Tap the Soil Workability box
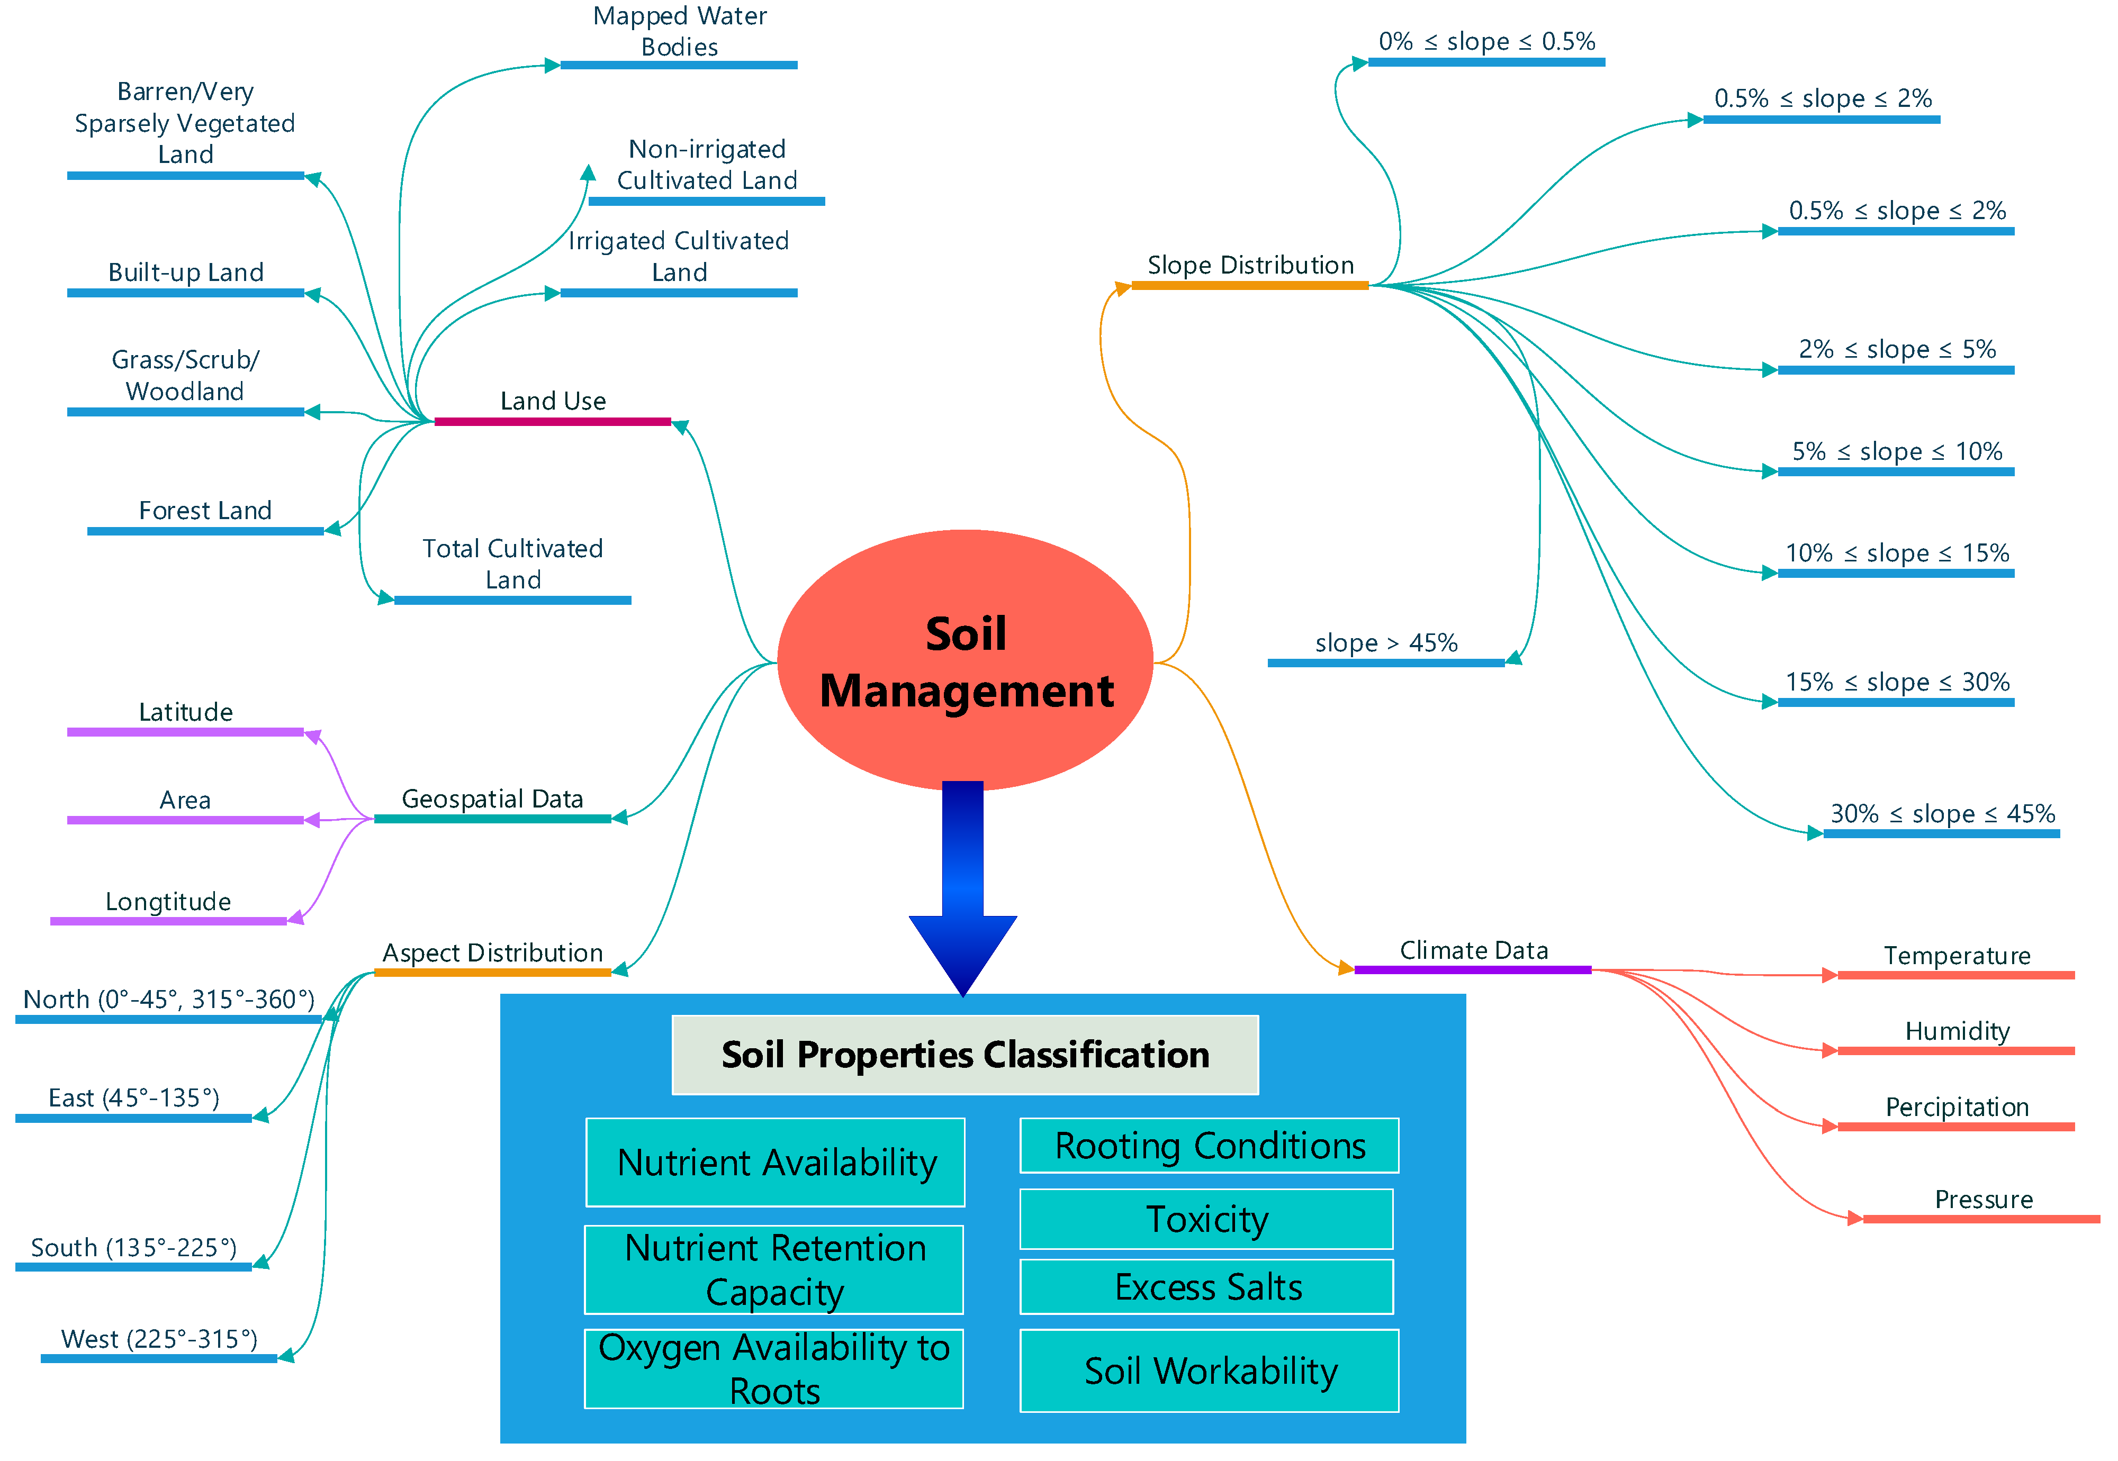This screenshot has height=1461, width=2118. coord(1209,1371)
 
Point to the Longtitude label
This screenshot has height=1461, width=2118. coord(168,902)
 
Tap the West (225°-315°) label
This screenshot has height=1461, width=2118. coord(158,1339)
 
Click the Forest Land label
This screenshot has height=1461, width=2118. coord(204,511)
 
